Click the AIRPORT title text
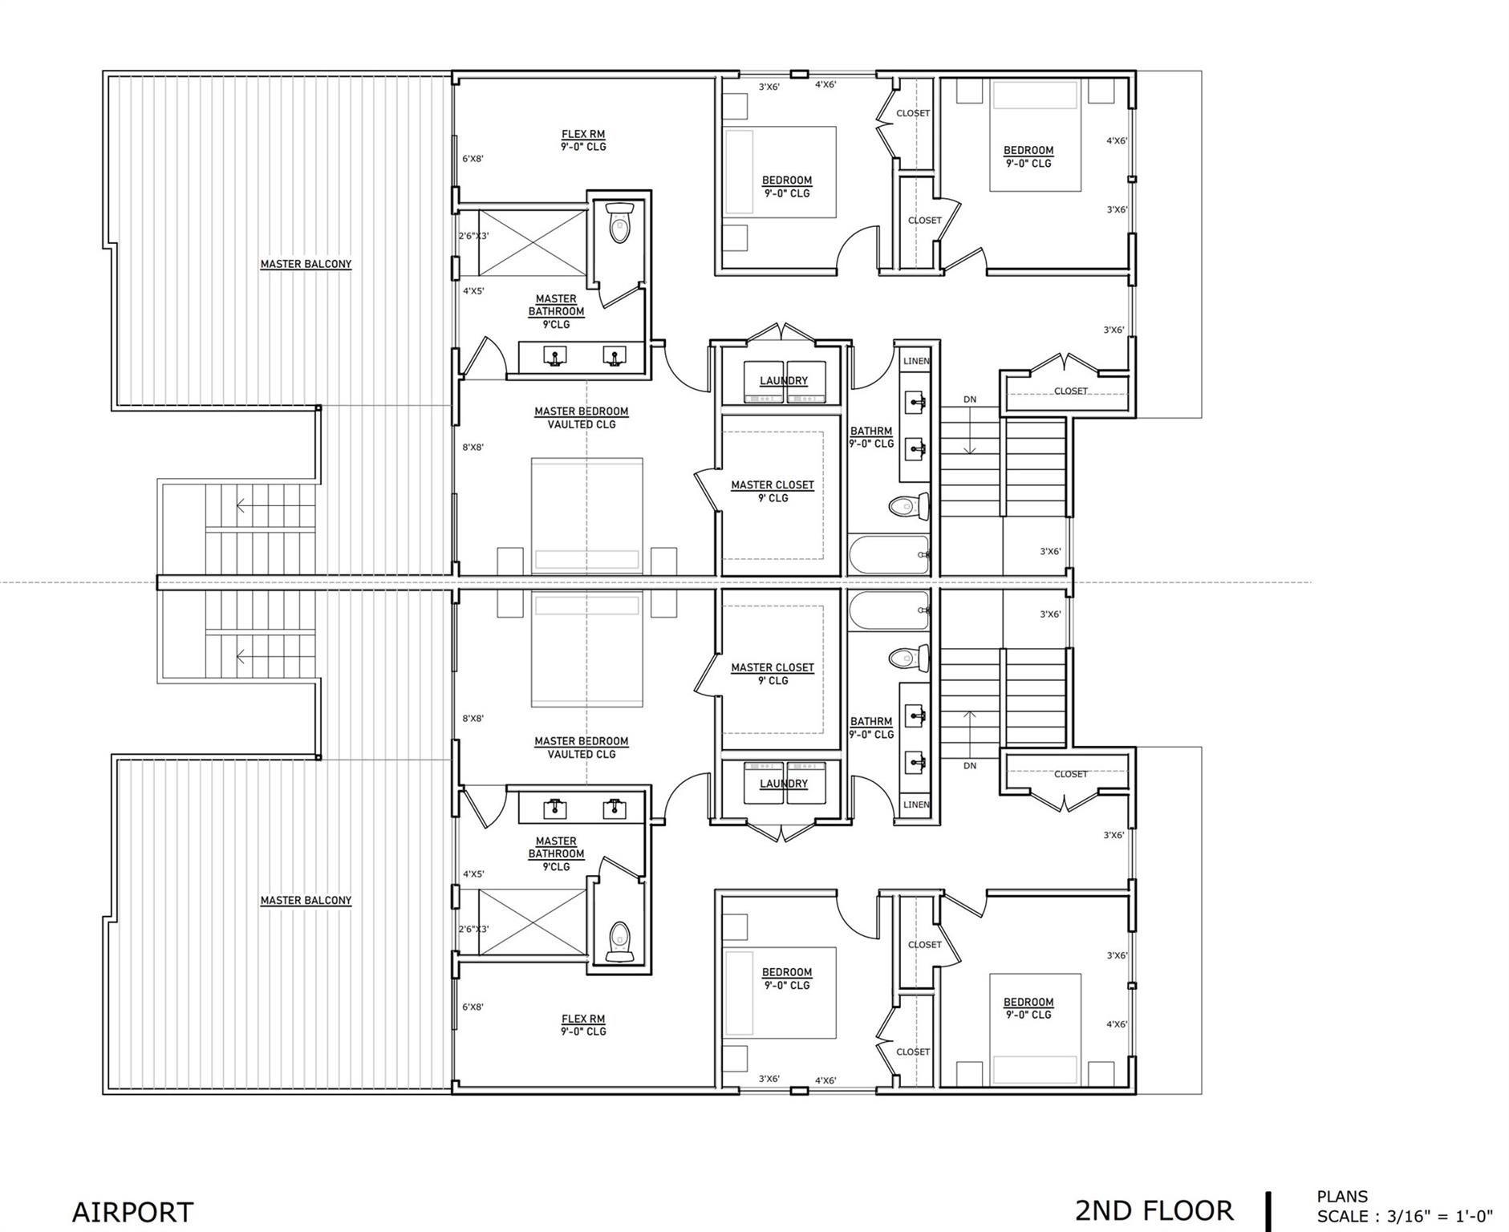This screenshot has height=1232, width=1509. point(132,1211)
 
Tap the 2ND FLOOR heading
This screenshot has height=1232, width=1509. point(1153,1210)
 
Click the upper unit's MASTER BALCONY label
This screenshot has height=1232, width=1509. point(306,264)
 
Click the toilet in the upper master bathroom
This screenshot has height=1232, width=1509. point(619,223)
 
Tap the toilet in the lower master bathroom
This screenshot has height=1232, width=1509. point(619,942)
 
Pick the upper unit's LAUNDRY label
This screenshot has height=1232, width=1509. point(784,381)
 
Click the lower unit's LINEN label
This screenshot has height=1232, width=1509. point(916,804)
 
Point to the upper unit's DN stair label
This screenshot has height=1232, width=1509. point(970,399)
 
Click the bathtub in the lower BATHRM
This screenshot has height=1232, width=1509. point(889,613)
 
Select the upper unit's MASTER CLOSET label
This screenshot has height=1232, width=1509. point(772,485)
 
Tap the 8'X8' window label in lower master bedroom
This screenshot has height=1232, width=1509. point(473,719)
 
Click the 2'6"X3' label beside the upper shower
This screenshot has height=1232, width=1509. point(473,236)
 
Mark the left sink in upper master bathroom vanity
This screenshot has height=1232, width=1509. point(554,355)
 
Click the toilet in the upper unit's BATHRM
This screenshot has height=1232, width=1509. point(908,506)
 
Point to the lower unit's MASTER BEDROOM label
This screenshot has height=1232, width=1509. point(582,742)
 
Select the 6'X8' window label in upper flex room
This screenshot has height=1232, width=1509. point(473,159)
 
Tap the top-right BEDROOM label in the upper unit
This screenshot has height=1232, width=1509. point(1028,151)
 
